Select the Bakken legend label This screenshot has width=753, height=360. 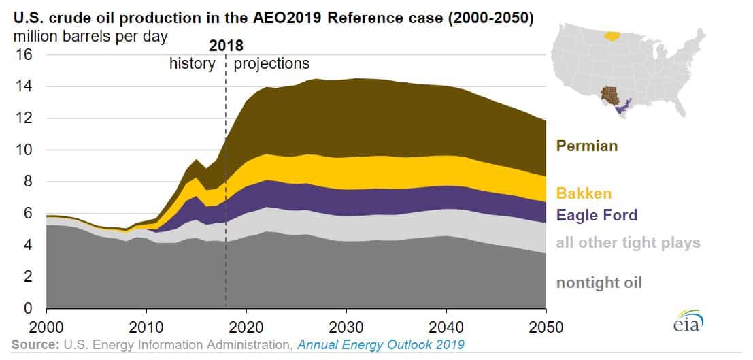[x=582, y=193]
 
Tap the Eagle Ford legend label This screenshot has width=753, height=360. [x=597, y=216]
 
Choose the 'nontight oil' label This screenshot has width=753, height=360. [x=598, y=282]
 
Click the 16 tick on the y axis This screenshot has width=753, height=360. [x=24, y=55]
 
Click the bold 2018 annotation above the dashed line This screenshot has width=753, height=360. [x=225, y=46]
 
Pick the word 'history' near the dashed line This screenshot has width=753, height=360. [x=192, y=64]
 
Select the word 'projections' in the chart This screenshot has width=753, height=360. [x=271, y=64]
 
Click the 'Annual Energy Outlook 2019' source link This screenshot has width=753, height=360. [x=380, y=345]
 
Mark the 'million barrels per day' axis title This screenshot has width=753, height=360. [x=89, y=34]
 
